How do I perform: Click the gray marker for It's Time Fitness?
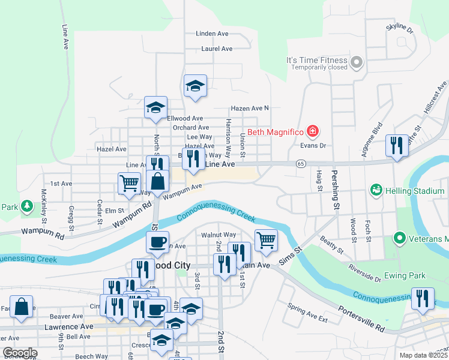357,61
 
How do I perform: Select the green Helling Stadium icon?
376,191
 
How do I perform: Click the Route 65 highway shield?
301,163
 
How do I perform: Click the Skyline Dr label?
400,28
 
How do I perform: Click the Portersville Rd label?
361,319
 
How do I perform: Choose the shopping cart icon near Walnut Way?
266,240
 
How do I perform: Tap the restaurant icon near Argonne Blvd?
397,145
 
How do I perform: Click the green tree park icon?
26,207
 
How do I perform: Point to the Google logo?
19,353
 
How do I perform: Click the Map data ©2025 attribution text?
423,355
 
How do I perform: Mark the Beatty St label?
331,244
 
